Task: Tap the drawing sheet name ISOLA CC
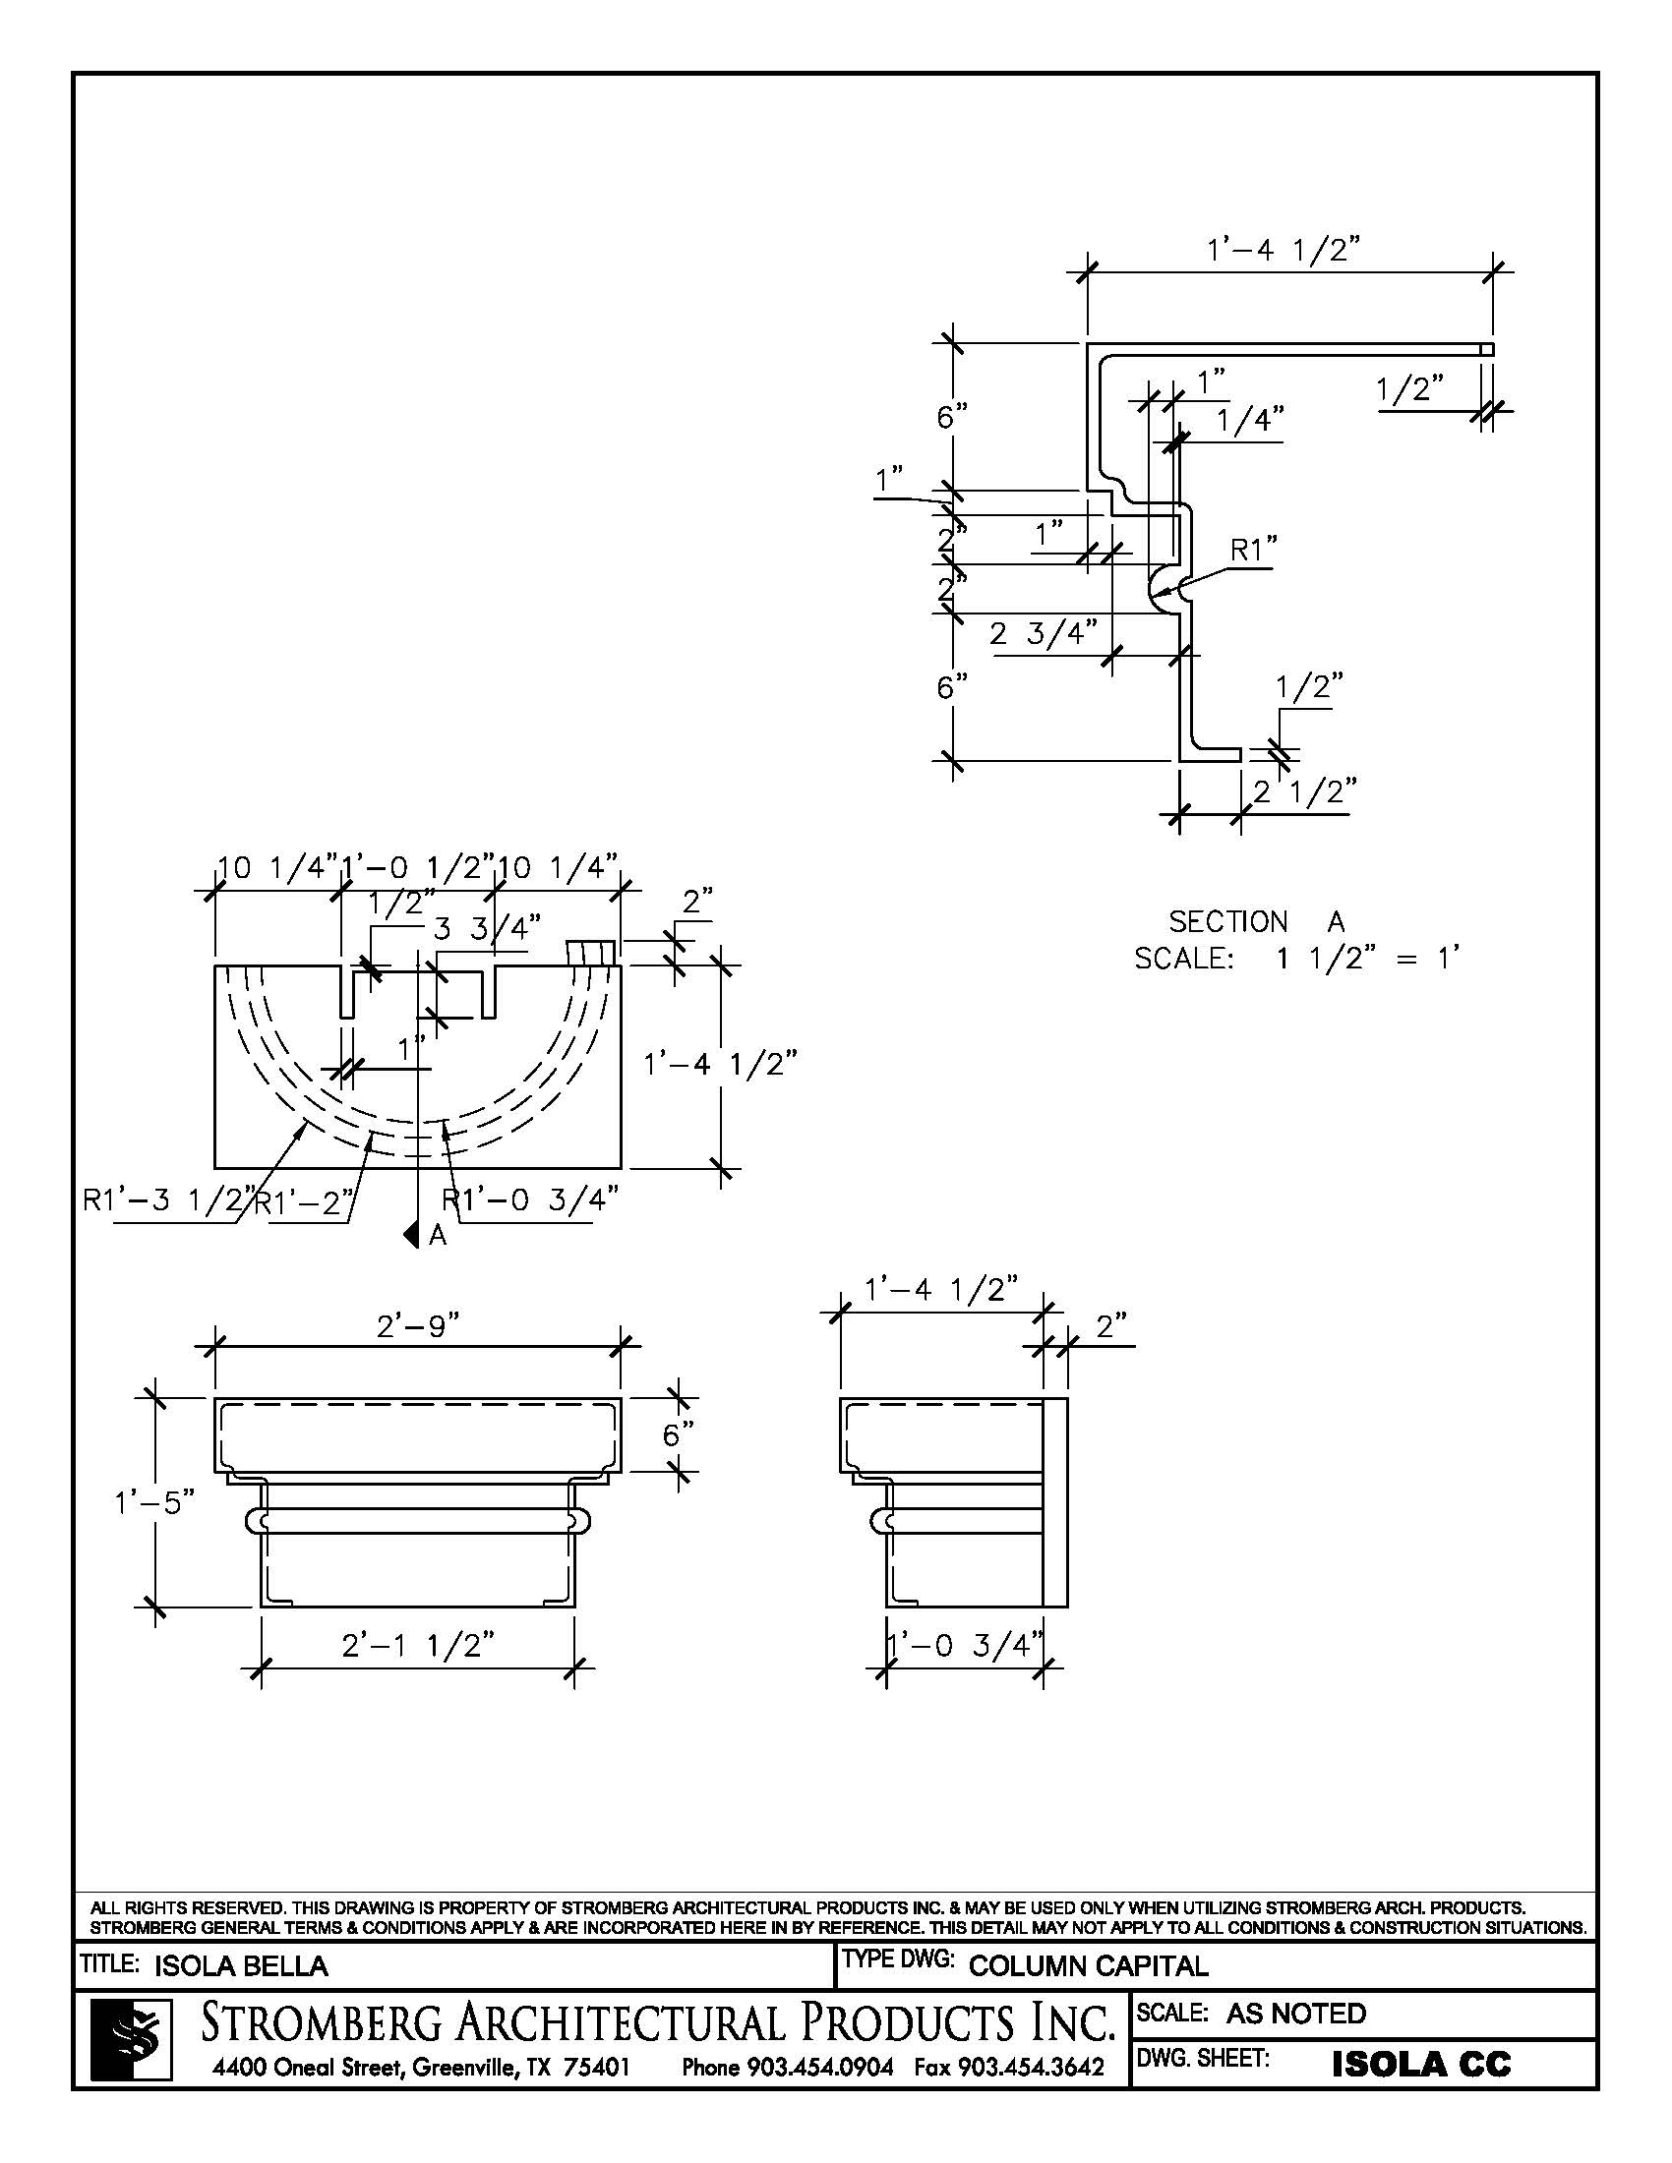[1420, 2064]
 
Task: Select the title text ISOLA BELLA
[241, 1966]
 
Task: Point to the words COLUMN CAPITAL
[1088, 1966]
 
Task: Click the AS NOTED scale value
[1295, 2014]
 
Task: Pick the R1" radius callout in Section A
[1253, 550]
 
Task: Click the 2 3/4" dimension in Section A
[1043, 633]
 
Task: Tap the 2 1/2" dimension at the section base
[1303, 792]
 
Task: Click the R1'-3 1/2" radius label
[168, 1200]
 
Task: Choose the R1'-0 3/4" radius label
[530, 1199]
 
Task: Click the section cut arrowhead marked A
[409, 1234]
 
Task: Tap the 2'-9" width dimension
[418, 1325]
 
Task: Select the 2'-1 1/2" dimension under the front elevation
[417, 1645]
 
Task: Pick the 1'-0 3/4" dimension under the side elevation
[965, 1645]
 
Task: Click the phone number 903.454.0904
[788, 2068]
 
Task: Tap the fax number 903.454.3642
[1008, 2068]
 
